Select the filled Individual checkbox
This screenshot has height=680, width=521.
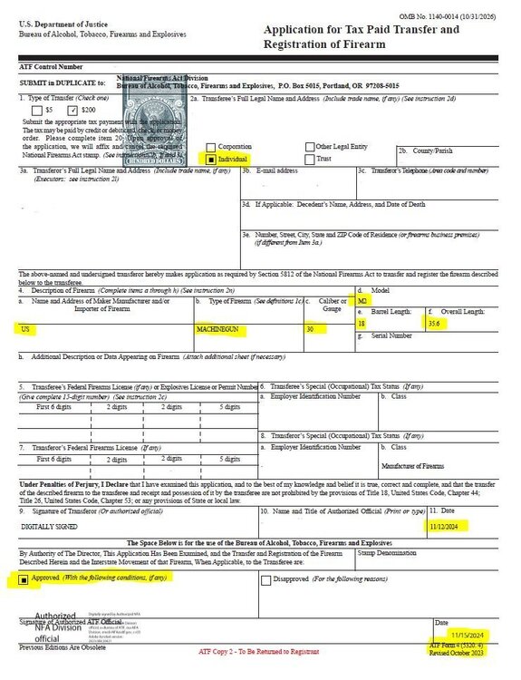[211, 158]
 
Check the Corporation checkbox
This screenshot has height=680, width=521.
[211, 146]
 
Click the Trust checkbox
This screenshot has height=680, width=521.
[308, 158]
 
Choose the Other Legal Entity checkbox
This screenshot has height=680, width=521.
[308, 146]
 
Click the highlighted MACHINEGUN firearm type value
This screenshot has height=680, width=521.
[217, 329]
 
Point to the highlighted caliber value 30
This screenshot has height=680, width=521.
[311, 329]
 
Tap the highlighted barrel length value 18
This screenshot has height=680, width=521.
[362, 322]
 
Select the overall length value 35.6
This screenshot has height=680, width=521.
[437, 322]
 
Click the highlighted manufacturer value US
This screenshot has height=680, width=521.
[24, 329]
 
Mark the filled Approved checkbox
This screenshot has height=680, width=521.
[24, 578]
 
